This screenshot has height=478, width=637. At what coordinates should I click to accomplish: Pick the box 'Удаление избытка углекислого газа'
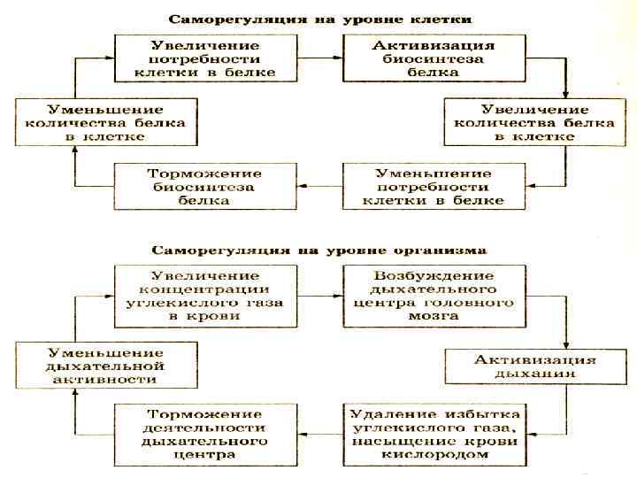click(x=432, y=434)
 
